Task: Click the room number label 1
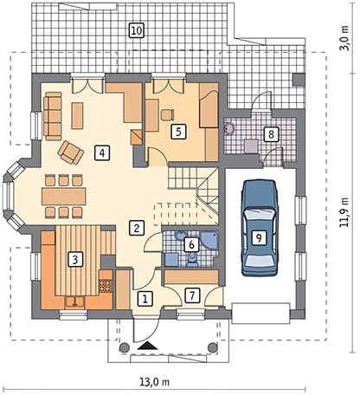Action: [145, 298]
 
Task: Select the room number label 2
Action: [136, 229]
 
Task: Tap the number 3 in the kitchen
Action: [75, 258]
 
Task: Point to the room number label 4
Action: [102, 153]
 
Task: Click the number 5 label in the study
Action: [177, 133]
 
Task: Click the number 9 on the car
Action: [257, 236]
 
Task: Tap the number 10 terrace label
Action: [136, 31]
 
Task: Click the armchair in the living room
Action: [69, 152]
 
